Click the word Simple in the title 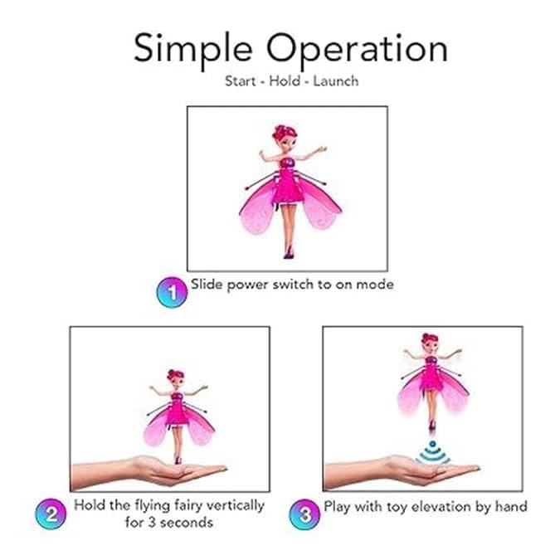[x=187, y=49]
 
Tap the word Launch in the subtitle [x=336, y=82]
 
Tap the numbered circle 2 [x=50, y=514]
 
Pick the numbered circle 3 [x=303, y=514]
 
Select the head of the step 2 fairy [x=176, y=378]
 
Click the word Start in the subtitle [x=241, y=82]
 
